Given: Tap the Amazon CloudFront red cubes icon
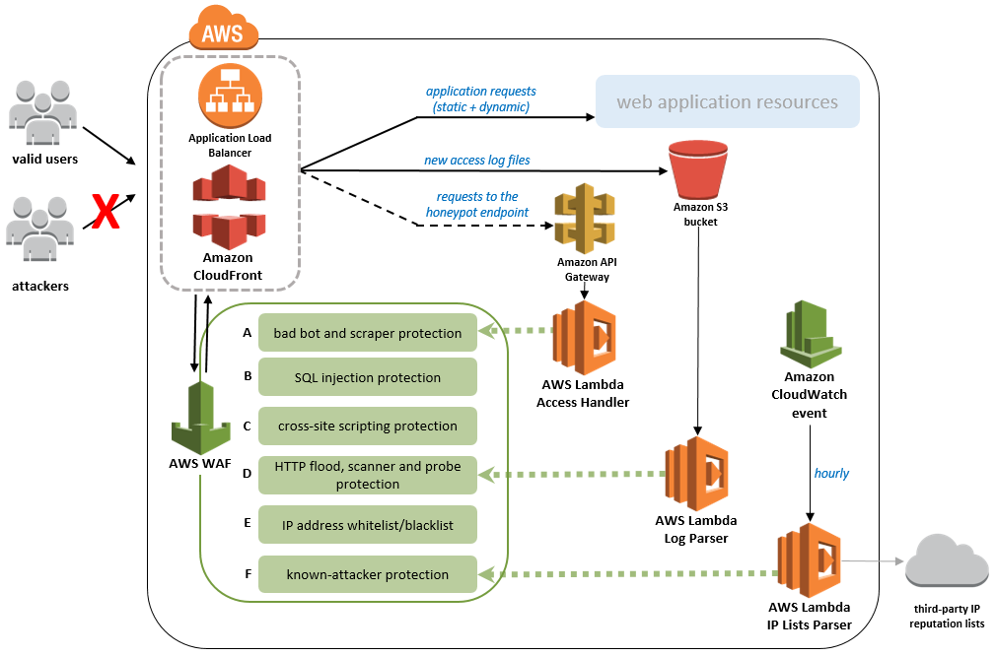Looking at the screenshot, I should click(x=230, y=207).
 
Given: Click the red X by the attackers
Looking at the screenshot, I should click(x=106, y=212).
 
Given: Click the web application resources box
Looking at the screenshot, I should click(x=727, y=102).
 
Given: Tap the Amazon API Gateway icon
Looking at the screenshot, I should click(x=584, y=220).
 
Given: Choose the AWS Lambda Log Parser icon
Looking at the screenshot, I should click(x=695, y=475).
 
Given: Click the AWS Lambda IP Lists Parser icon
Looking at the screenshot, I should click(x=809, y=561).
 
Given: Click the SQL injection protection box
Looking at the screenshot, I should click(x=368, y=377).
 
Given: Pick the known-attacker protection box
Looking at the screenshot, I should click(x=368, y=574).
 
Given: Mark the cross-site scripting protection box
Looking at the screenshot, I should click(x=368, y=426).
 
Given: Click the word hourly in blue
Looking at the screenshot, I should click(x=831, y=473).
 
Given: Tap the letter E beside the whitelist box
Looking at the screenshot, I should click(x=247, y=524).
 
